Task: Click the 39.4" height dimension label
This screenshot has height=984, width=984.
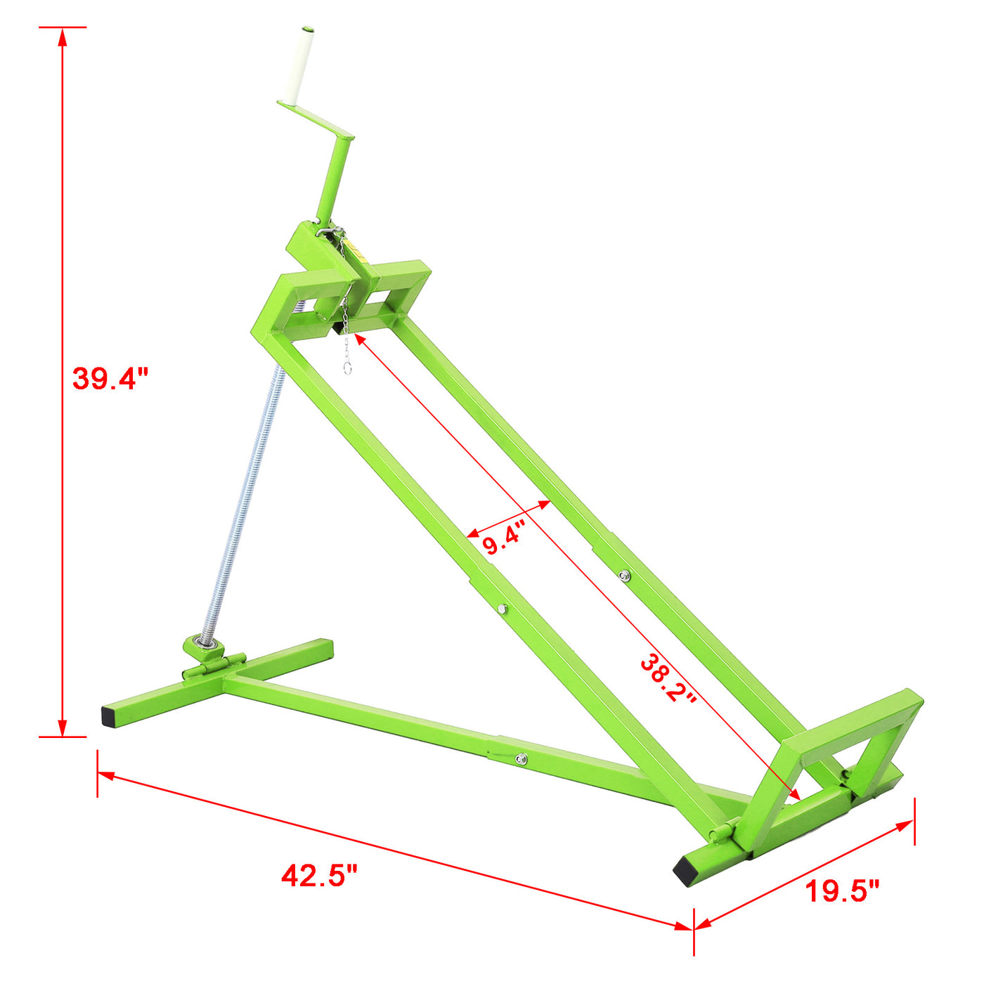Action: point(110,378)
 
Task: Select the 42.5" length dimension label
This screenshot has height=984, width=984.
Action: point(320,875)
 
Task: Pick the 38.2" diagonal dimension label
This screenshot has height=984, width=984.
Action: point(668,679)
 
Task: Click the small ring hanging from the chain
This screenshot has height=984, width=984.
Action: point(347,368)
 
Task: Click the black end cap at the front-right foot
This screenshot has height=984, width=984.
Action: point(685,873)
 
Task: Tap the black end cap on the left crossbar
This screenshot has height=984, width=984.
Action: point(109,716)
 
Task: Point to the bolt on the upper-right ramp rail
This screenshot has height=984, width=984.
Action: point(623,576)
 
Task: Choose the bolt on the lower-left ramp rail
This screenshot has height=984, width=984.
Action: point(500,609)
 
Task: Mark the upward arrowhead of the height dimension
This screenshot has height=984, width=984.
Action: point(63,35)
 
